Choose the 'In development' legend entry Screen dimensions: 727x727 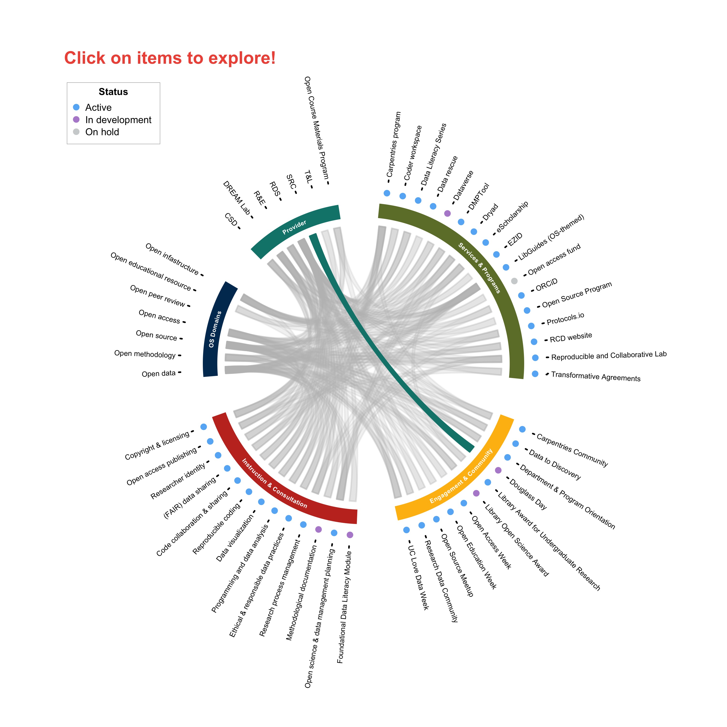click(x=112, y=120)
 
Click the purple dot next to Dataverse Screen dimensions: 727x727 click(x=447, y=213)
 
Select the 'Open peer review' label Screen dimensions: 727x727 click(x=158, y=296)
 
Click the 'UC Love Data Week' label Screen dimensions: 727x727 click(x=419, y=578)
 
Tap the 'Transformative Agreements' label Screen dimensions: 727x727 click(x=596, y=376)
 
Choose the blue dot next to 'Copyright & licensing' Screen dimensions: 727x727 click(x=204, y=427)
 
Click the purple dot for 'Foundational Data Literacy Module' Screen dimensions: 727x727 click(x=350, y=535)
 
